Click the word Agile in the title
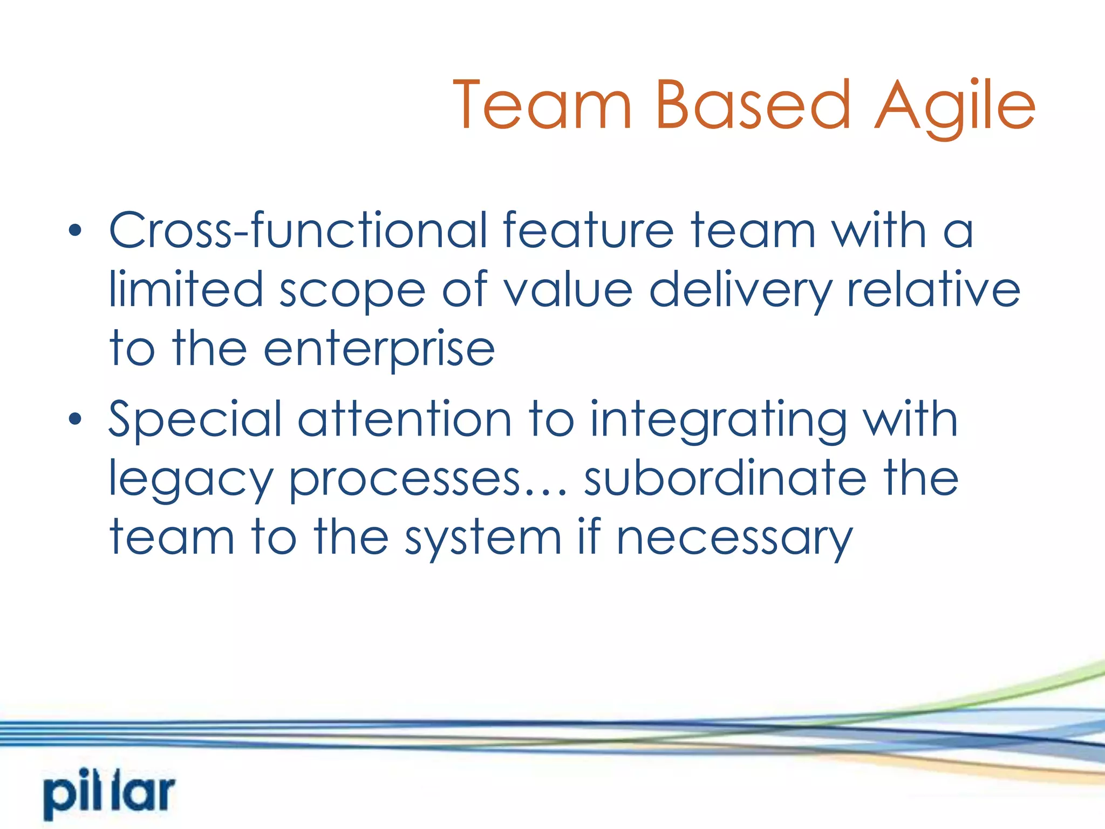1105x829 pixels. pos(954,106)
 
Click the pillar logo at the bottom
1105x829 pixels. pos(110,794)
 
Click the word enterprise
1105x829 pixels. pos(379,350)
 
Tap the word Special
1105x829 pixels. pos(195,420)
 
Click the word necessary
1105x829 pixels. pos(734,539)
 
